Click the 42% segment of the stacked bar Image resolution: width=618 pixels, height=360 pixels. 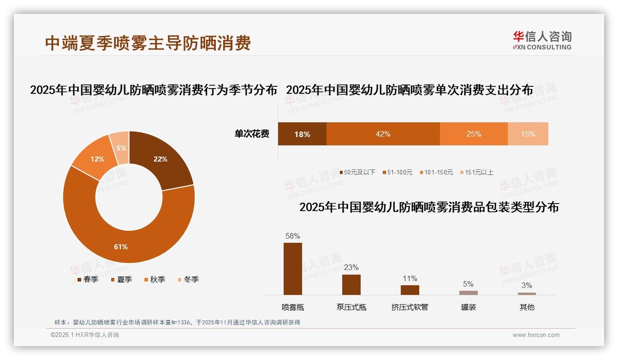(x=383, y=134)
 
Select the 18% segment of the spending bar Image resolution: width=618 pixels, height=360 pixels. (x=302, y=134)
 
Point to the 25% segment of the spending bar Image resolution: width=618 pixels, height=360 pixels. (x=474, y=134)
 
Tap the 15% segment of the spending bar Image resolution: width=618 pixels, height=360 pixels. (x=528, y=134)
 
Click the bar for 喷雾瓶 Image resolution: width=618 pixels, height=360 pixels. (x=293, y=269)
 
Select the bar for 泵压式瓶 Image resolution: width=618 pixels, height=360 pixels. (x=351, y=284)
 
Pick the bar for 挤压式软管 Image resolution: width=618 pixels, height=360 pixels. (x=410, y=290)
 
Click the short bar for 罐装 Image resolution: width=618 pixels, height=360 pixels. (x=469, y=293)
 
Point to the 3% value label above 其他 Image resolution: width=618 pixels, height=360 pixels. (x=527, y=285)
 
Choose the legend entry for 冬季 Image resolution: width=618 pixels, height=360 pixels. (x=188, y=279)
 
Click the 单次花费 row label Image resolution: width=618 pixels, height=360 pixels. (x=252, y=134)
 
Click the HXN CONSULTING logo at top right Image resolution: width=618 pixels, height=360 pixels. (x=542, y=41)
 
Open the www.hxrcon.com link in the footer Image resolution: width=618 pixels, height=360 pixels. (x=536, y=335)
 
